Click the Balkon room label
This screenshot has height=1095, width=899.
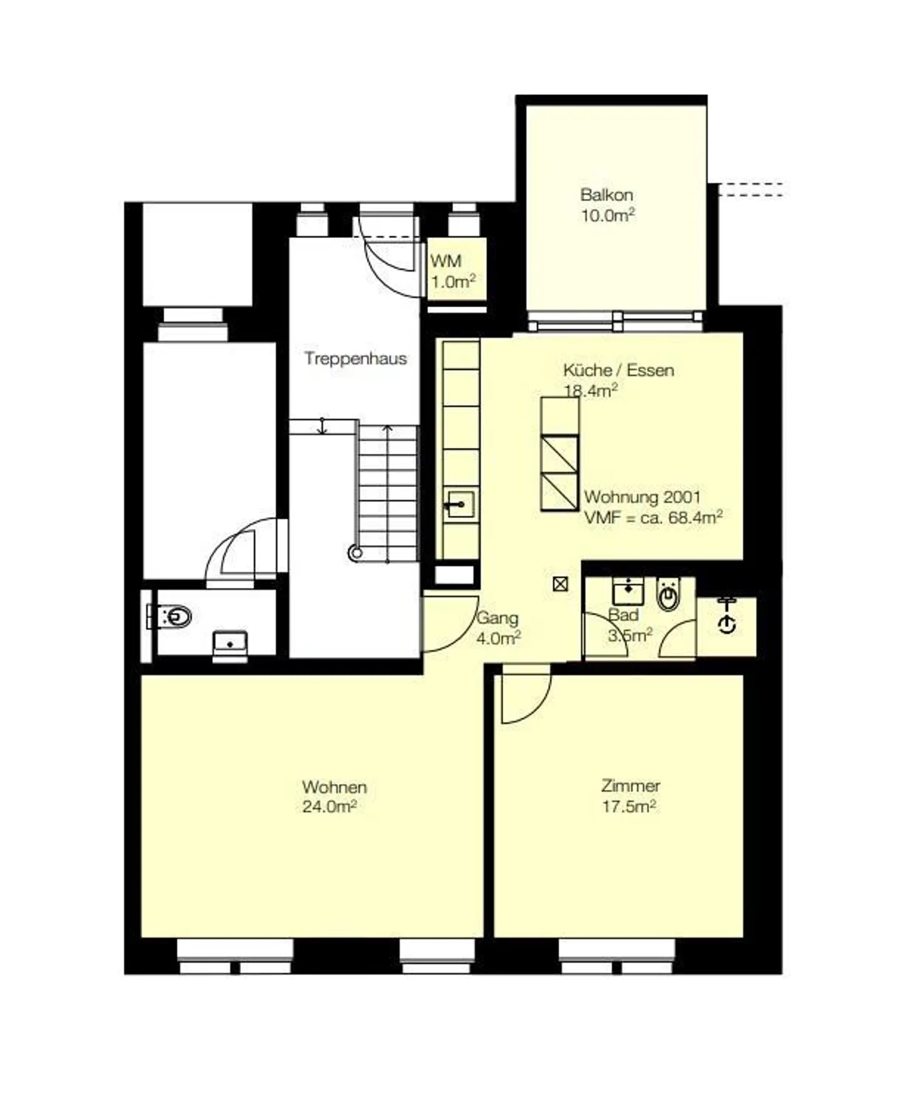tap(606, 195)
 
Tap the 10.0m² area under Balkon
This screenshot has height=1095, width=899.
tap(607, 216)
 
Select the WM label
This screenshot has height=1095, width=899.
tap(446, 261)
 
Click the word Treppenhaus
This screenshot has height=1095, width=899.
tap(355, 358)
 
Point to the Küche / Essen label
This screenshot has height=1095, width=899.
tap(618, 370)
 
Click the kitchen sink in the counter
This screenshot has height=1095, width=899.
tap(459, 503)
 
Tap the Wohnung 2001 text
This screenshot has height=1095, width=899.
tap(642, 498)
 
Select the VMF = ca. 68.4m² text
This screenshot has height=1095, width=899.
tap(653, 518)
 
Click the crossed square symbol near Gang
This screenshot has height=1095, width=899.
tap(560, 584)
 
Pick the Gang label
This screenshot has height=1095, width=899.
tap(497, 618)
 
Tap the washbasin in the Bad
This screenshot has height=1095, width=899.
tap(627, 590)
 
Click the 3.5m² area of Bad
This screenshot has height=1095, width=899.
tap(629, 636)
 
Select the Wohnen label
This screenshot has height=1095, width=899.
tap(334, 787)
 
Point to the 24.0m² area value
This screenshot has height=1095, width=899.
tap(329, 807)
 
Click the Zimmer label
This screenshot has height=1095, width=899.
tap(631, 785)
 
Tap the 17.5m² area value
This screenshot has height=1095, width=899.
tap(628, 807)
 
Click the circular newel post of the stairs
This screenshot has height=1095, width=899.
tap(355, 552)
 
